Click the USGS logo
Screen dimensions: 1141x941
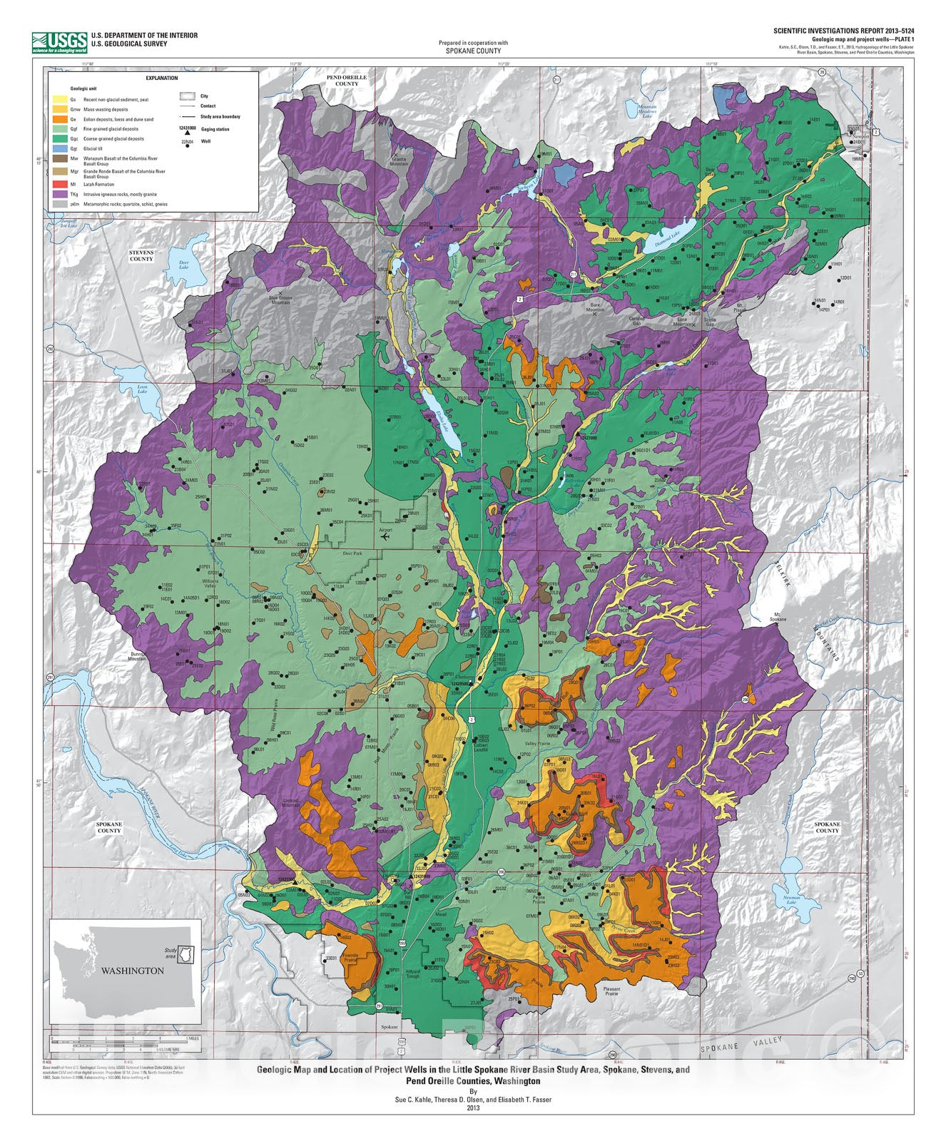[x=59, y=42]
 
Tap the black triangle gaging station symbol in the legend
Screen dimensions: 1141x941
[x=186, y=133]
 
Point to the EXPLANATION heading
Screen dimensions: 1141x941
[x=161, y=78]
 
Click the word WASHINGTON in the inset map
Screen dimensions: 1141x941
[x=132, y=971]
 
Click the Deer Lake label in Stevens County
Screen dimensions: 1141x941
[x=183, y=265]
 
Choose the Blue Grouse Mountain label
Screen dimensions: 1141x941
[x=280, y=300]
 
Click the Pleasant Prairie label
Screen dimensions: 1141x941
[x=611, y=991]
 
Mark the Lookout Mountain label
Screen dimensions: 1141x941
[x=290, y=802]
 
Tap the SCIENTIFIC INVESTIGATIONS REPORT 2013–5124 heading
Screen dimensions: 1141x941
[x=843, y=31]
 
